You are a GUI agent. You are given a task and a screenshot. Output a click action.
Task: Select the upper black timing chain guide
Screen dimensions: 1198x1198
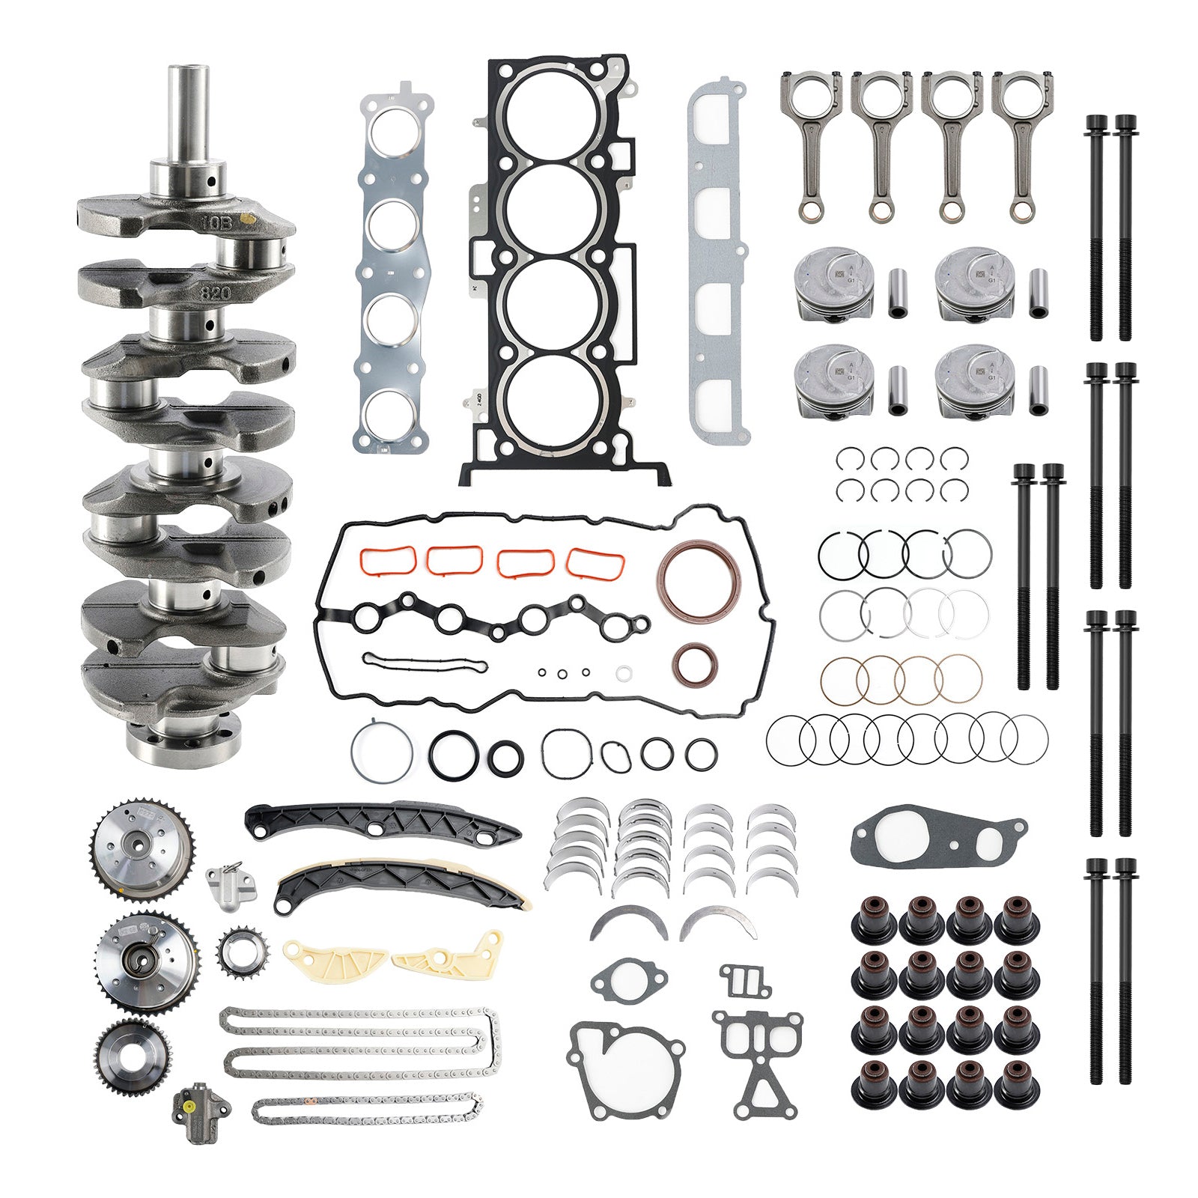pos(382,823)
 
